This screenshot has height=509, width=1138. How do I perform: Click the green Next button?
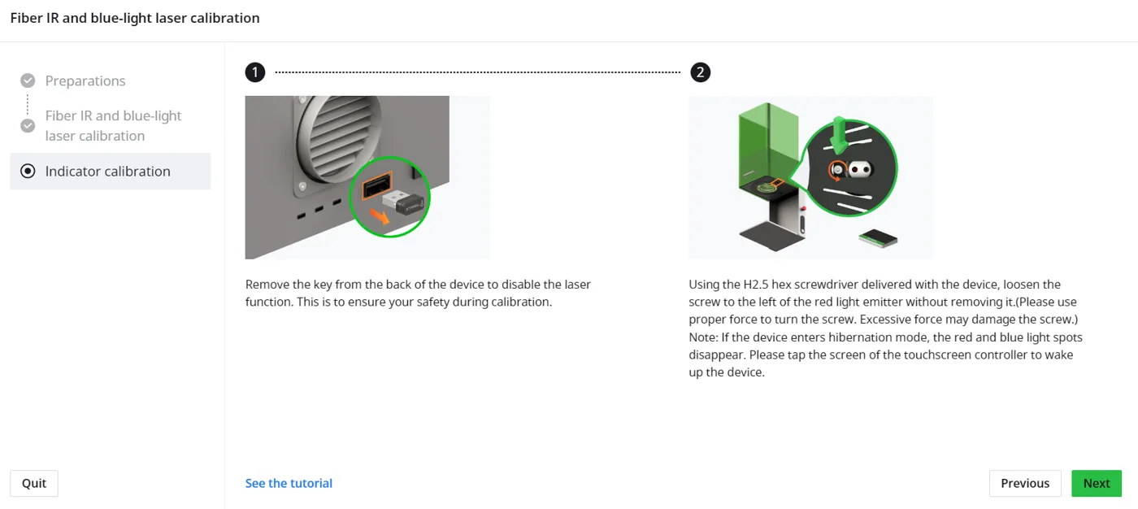pos(1097,483)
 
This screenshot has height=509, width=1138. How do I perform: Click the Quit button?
pos(34,483)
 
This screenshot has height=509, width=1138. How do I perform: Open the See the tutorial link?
pos(289,483)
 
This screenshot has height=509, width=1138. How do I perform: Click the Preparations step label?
pos(85,80)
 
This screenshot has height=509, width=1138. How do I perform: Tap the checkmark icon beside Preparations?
pos(28,80)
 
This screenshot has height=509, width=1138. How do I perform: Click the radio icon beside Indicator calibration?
pos(28,172)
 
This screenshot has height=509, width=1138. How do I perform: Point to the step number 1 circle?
pos(255,72)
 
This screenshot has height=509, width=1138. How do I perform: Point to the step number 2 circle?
pos(700,72)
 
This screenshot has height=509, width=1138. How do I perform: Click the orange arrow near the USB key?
pos(379,216)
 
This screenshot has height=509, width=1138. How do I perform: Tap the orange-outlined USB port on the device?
pos(377,185)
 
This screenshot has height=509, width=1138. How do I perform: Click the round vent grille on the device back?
pos(341,138)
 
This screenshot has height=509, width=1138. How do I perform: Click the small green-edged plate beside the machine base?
pos(879,238)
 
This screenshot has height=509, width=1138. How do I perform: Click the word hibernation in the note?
pos(860,337)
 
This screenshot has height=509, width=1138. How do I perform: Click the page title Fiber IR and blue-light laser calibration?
pos(135,18)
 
